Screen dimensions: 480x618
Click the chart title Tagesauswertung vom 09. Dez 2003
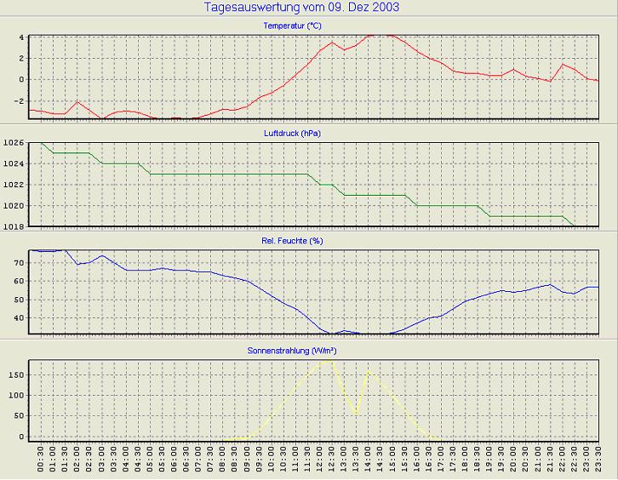coord(302,8)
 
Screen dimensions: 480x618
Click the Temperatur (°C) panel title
coord(309,26)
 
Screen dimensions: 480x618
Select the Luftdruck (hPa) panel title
coord(309,134)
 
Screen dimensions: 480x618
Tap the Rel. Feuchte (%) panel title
coord(309,241)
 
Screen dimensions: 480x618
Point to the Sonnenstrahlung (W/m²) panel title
coord(309,350)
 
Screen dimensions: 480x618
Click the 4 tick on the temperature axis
coord(21,37)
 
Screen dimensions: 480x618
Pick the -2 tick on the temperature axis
coord(20,100)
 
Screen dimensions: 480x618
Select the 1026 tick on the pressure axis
coord(14,143)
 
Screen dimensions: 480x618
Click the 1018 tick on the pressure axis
coord(14,226)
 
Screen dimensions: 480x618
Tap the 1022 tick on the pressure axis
coord(14,185)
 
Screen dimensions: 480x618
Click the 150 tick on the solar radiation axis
coord(16,374)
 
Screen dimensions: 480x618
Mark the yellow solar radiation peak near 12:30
coord(330,359)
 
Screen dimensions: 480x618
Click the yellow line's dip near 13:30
coord(355,414)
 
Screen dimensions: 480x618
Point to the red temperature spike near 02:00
coord(77,101)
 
